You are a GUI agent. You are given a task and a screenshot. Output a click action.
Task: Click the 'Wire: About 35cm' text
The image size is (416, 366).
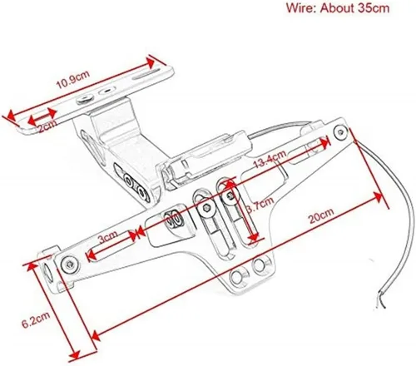(x=338, y=8)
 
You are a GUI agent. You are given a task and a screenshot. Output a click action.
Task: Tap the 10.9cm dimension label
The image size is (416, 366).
(x=73, y=80)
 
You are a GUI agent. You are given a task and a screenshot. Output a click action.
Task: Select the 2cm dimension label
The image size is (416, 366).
(x=47, y=126)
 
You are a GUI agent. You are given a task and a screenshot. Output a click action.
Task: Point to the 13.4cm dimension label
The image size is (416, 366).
(x=270, y=159)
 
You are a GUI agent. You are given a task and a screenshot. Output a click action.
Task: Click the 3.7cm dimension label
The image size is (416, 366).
(x=260, y=205)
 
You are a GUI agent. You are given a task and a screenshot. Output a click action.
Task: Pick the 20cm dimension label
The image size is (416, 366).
(x=321, y=215)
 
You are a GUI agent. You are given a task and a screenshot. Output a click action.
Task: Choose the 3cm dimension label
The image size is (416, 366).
(x=108, y=237)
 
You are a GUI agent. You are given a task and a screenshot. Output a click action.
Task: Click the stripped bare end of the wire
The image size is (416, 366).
(x=381, y=301)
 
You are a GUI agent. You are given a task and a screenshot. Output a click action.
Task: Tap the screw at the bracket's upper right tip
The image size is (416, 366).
(x=340, y=132)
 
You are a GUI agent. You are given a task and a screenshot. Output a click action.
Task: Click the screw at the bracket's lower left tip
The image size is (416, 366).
(x=69, y=265)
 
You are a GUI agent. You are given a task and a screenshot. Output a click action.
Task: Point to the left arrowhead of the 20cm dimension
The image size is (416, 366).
(x=96, y=336)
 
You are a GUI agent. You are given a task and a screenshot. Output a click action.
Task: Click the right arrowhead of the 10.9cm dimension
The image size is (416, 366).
(x=150, y=62)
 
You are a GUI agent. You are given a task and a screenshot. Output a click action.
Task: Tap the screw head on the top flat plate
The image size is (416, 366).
(x=85, y=99)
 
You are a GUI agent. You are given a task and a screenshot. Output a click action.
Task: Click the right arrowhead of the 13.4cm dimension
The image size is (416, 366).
(x=325, y=142)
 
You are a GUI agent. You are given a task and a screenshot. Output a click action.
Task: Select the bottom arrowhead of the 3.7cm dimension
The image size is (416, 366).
(x=254, y=238)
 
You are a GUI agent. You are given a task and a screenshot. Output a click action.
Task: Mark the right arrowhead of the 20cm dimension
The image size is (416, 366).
(x=378, y=197)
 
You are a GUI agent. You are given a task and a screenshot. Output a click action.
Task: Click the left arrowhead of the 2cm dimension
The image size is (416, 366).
(x=32, y=120)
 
